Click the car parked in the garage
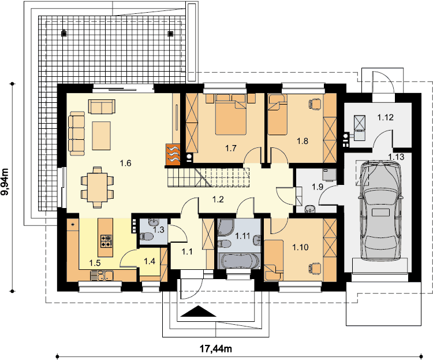(x=380, y=211)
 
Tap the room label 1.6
(x=125, y=163)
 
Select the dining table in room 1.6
(x=97, y=187)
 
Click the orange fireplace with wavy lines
(x=173, y=154)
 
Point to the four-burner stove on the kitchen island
(x=106, y=240)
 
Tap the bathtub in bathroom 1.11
(x=239, y=261)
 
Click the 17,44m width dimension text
(x=216, y=348)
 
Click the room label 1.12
(x=385, y=117)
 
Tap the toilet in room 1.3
(x=145, y=237)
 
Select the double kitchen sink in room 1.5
(x=102, y=276)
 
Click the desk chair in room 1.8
(x=315, y=104)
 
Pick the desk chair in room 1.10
(x=315, y=268)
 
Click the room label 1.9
(x=318, y=187)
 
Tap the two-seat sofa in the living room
(x=102, y=106)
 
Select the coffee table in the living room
(x=102, y=135)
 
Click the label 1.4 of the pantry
(x=150, y=261)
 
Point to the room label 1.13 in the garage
(x=396, y=157)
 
